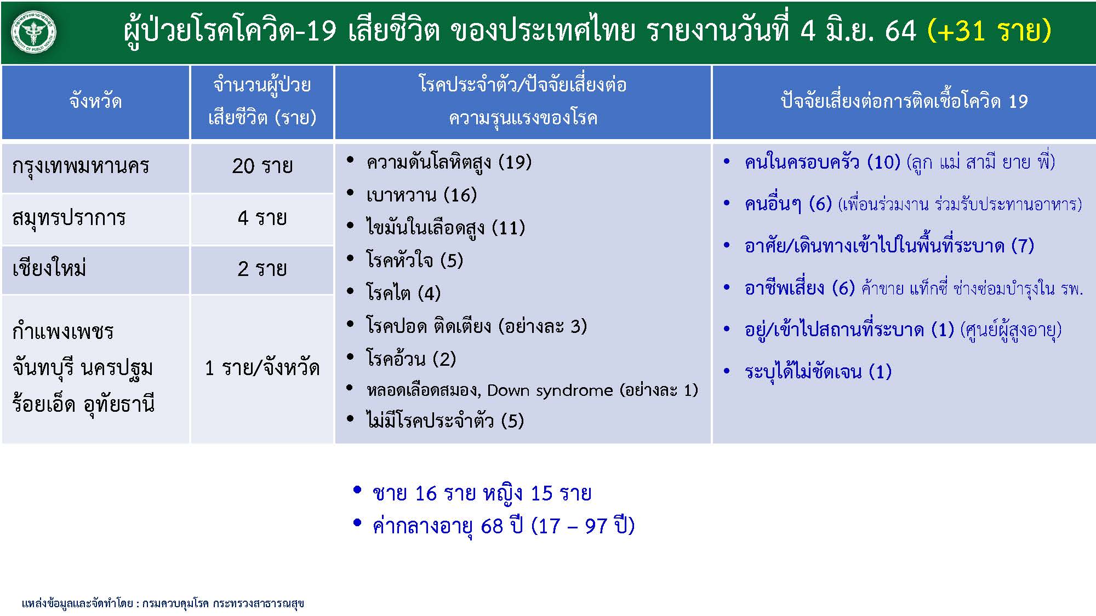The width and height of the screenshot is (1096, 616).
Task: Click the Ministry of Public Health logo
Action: click(x=33, y=32)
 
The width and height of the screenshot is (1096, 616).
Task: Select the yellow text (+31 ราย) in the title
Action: click(x=989, y=30)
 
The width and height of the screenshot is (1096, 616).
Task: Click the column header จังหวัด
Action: click(x=95, y=101)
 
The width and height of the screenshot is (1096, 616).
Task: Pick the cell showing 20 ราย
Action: click(x=262, y=166)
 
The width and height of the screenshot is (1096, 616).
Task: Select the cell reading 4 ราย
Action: click(x=262, y=218)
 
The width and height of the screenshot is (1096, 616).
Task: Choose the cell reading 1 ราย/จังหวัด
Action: click(x=262, y=367)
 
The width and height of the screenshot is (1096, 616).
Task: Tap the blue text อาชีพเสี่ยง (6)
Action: click(x=800, y=288)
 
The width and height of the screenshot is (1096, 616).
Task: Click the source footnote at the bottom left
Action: click(x=163, y=603)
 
